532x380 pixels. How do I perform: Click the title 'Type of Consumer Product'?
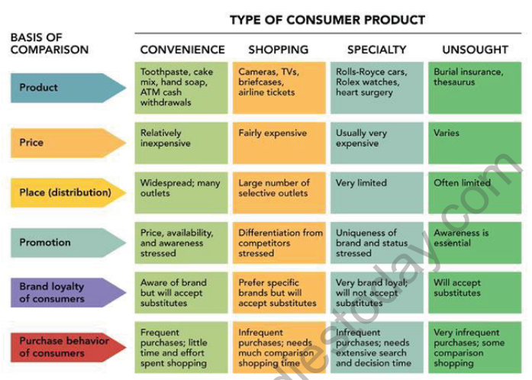tap(327, 19)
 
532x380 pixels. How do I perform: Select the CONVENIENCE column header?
tap(182, 50)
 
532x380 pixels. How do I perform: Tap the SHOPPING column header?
tap(279, 50)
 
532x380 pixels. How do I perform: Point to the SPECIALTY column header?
tap(376, 50)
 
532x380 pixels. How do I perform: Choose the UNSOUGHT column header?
tap(475, 50)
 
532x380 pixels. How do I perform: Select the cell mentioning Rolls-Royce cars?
tap(376, 88)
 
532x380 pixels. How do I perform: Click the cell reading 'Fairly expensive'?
tap(279, 142)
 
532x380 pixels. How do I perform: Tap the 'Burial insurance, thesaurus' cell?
tap(475, 88)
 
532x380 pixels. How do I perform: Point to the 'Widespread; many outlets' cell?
tap(182, 192)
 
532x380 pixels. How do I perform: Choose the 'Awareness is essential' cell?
tap(475, 243)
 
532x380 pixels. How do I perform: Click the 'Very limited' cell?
tap(376, 192)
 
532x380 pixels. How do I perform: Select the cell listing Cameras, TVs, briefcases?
tap(279, 88)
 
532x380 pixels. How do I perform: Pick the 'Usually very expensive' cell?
tap(376, 142)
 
